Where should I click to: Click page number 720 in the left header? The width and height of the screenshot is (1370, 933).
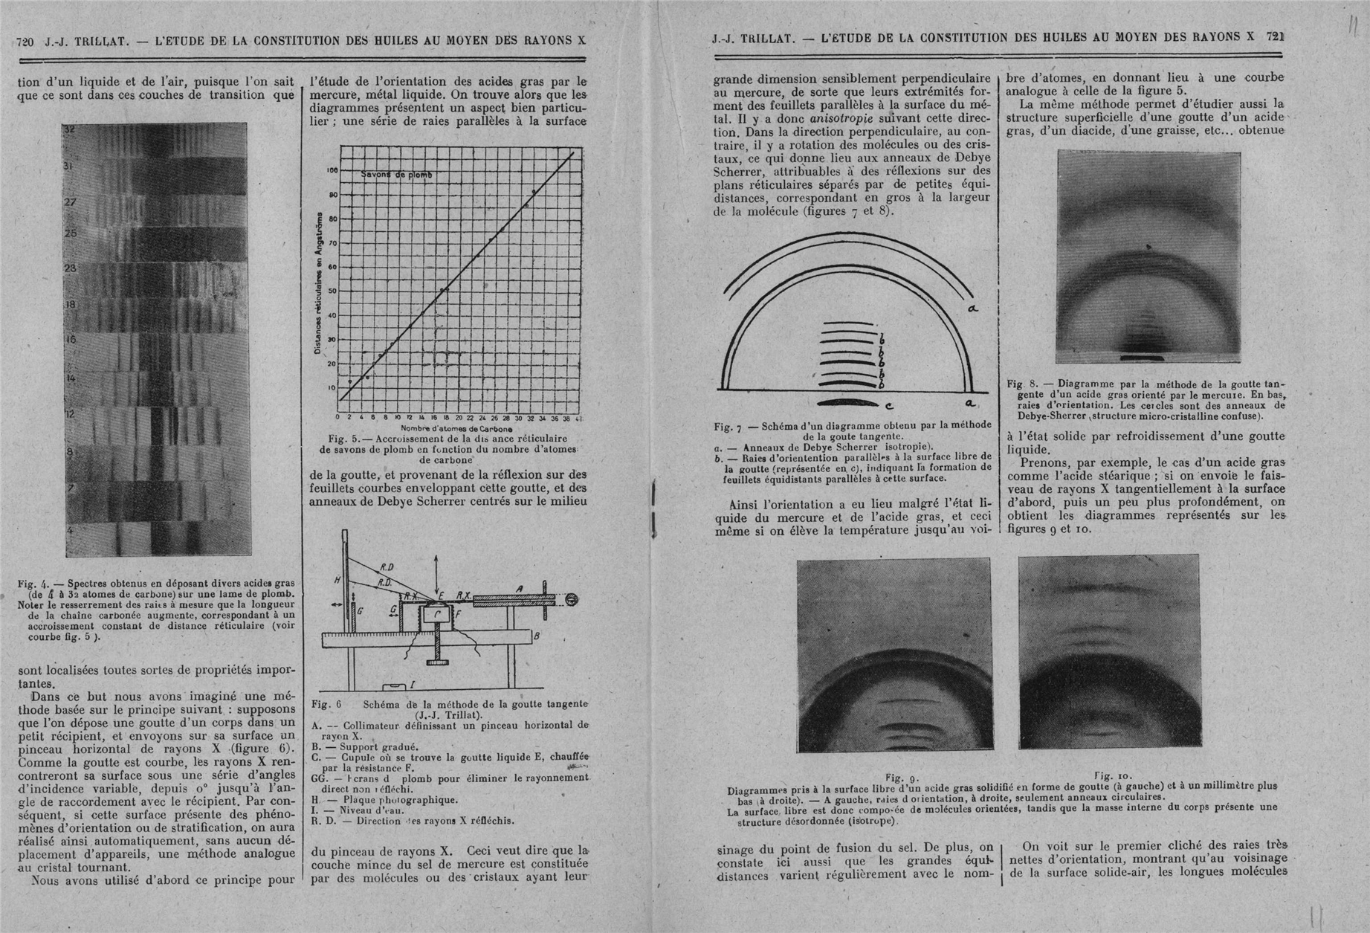click(25, 40)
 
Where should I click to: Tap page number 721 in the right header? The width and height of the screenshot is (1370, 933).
click(1276, 35)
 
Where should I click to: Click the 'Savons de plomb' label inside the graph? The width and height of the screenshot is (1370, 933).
click(396, 175)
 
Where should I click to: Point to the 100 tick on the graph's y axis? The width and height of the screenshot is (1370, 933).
click(332, 171)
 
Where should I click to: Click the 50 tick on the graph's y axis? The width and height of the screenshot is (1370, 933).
click(332, 291)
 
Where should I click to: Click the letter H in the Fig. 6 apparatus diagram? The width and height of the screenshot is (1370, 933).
click(337, 580)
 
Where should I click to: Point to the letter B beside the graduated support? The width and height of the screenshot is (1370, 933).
click(537, 636)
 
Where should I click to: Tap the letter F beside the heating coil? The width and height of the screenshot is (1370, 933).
click(457, 615)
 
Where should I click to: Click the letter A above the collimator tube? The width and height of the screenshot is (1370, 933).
click(520, 589)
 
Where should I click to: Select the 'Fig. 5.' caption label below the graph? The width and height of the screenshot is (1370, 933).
click(343, 439)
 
